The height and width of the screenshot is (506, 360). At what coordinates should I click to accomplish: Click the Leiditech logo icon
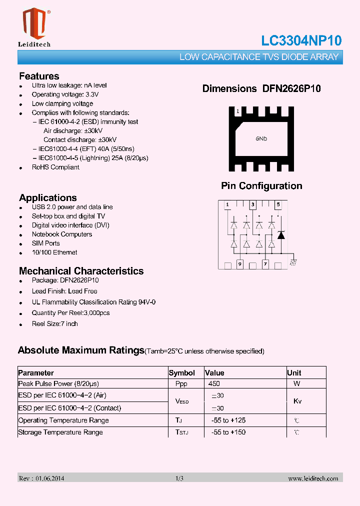tap(34, 23)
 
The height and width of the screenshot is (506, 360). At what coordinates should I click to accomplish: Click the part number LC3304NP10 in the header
tap(301, 41)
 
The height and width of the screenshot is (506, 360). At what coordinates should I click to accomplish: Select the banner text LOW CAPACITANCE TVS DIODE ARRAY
tap(259, 57)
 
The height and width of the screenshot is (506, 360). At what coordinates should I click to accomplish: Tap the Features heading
tap(39, 76)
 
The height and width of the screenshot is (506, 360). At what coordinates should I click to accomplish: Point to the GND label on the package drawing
tap(261, 138)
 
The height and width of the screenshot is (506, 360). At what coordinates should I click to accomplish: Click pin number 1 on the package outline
tap(238, 111)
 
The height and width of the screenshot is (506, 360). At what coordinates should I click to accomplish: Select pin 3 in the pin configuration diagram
tap(253, 204)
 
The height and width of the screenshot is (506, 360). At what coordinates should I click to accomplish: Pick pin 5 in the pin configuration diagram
tap(278, 204)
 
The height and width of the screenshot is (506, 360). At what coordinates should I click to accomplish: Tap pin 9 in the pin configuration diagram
tap(240, 263)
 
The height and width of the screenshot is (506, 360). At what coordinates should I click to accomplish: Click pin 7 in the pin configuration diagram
tap(265, 263)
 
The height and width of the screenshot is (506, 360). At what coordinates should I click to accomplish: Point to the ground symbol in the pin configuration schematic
tap(293, 262)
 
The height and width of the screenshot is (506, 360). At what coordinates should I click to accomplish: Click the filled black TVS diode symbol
tap(281, 234)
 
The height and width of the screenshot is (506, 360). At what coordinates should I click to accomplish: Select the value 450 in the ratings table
tap(214, 384)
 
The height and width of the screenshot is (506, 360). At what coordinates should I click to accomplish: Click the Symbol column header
tap(182, 373)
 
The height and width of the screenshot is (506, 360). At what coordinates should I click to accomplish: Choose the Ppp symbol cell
tap(181, 384)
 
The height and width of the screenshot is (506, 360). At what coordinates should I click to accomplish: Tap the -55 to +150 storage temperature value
tap(228, 432)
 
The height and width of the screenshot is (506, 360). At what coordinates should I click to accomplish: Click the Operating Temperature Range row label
tap(63, 420)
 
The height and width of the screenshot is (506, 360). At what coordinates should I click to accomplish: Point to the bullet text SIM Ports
tap(46, 243)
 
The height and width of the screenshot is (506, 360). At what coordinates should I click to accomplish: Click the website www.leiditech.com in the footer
tap(313, 478)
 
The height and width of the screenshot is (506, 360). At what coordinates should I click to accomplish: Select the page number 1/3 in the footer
tap(179, 478)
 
